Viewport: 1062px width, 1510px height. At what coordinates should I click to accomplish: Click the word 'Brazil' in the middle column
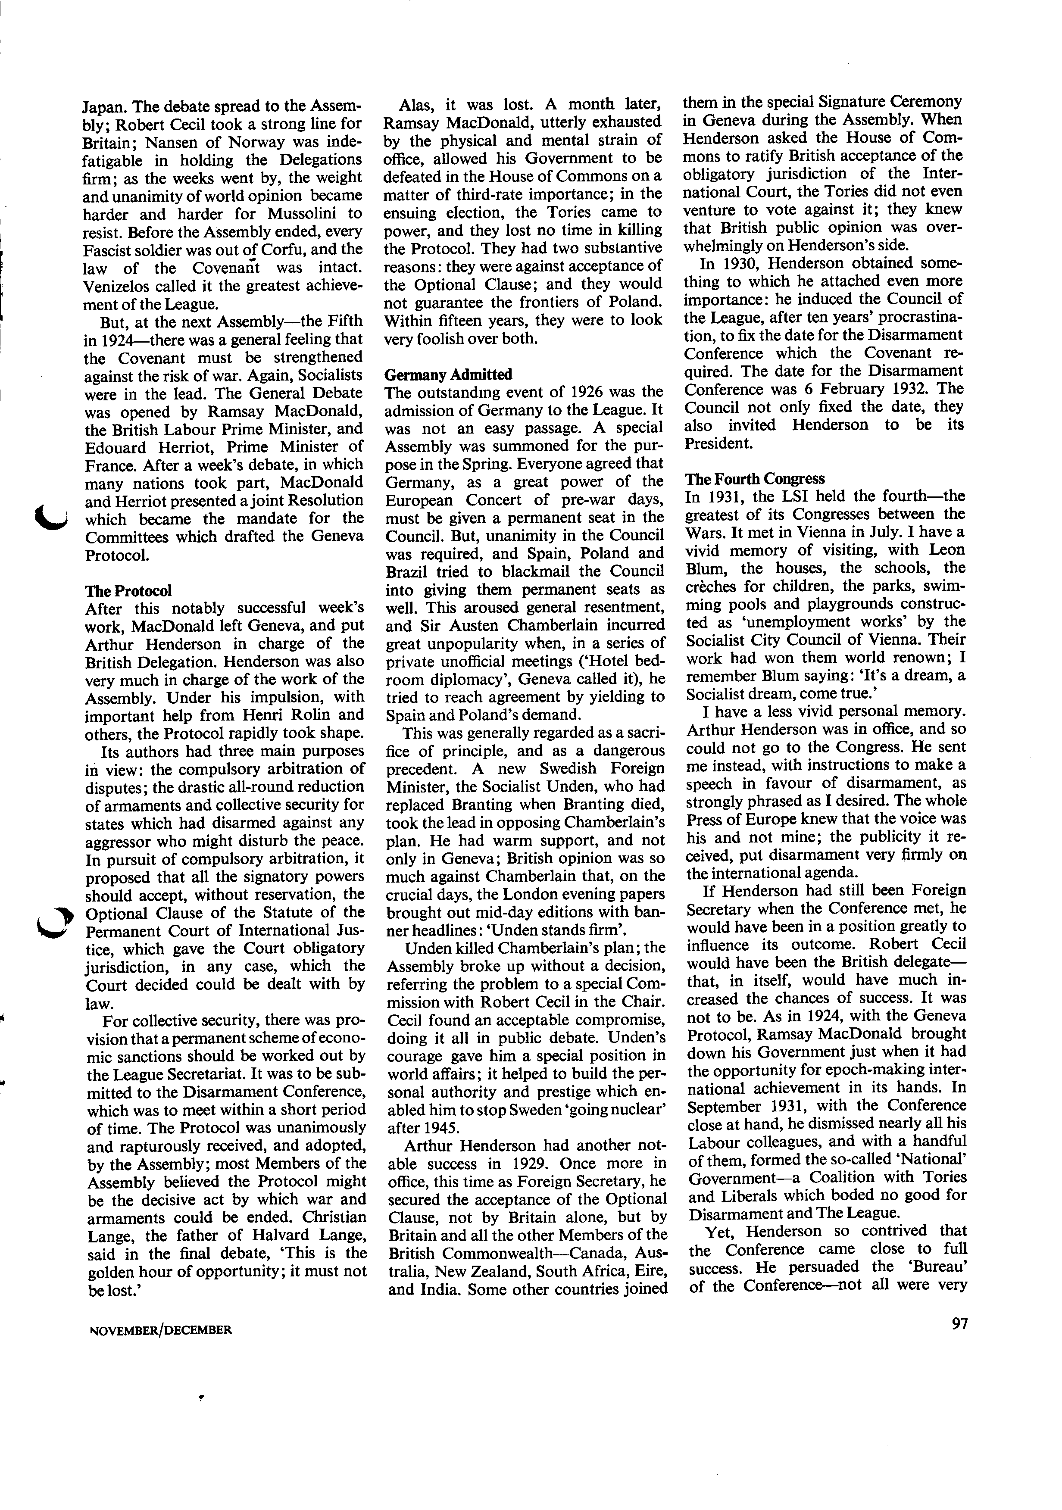click(x=408, y=571)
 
